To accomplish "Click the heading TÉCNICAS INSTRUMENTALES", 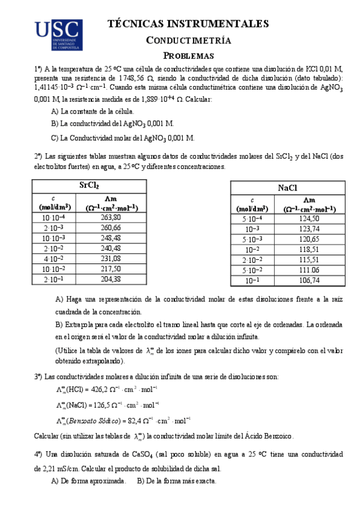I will click(188, 24).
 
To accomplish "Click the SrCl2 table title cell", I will click(89, 185).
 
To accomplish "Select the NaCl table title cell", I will click(287, 188).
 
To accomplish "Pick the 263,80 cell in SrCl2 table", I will click(111, 217).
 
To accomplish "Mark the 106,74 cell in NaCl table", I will click(309, 280).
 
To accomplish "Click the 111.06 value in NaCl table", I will click(309, 270).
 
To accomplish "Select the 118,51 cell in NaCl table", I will click(309, 250).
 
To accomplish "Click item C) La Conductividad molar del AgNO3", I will click(123, 137).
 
